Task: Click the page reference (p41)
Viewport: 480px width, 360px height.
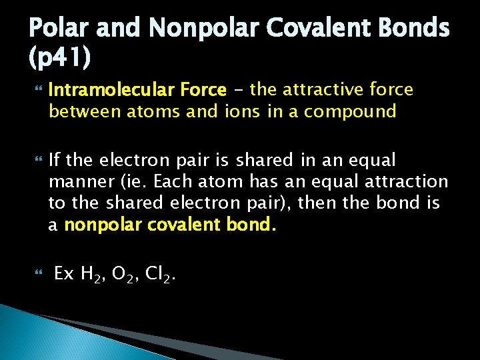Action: point(59,59)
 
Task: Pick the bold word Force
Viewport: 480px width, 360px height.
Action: point(203,89)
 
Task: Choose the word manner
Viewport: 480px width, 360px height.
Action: point(75,181)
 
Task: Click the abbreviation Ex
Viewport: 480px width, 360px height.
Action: point(63,273)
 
